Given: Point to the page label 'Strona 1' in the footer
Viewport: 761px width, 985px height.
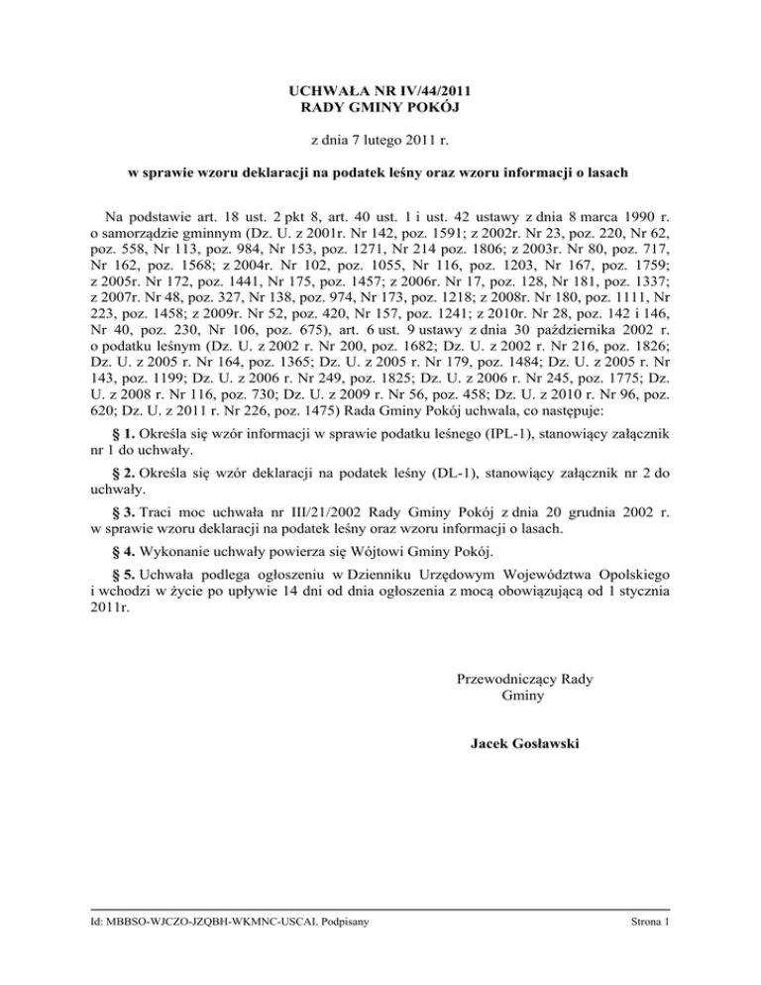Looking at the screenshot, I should [x=649, y=922].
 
